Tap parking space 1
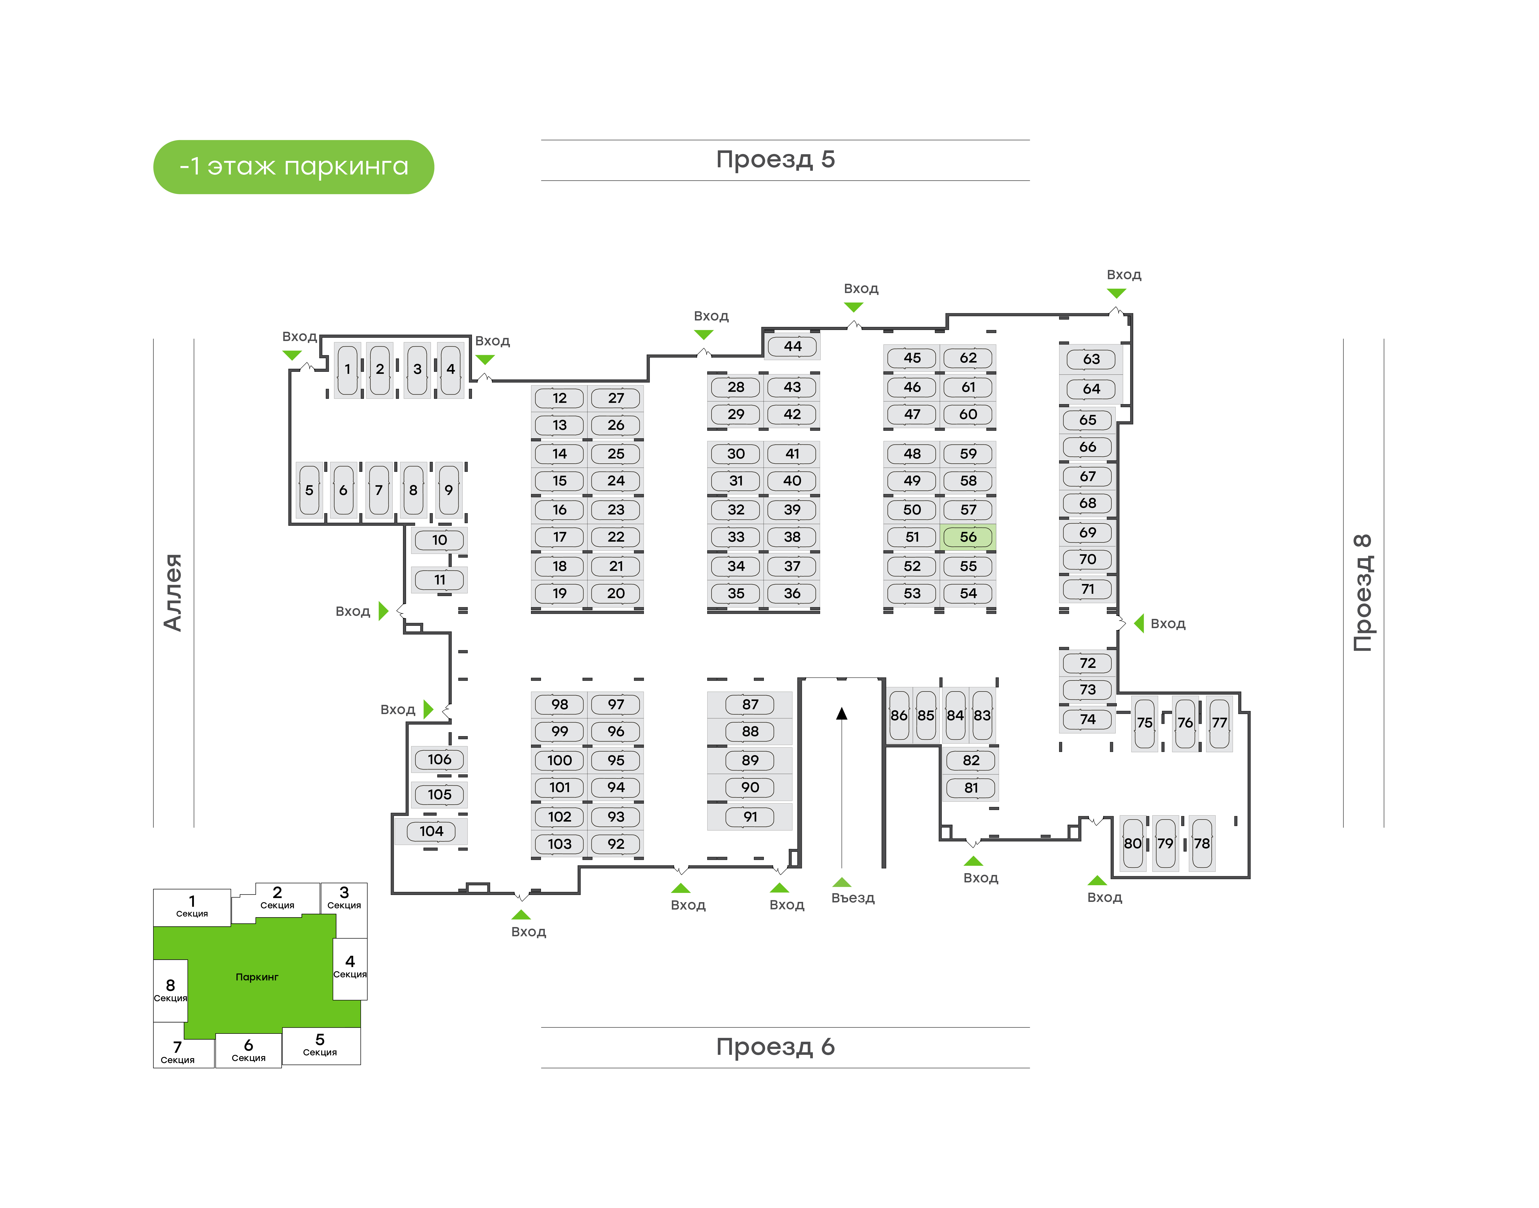(x=347, y=369)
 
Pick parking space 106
(x=439, y=759)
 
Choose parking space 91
(x=750, y=817)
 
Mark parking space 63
(x=1091, y=359)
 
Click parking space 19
(x=559, y=593)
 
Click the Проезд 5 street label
(x=775, y=160)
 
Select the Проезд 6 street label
(x=775, y=1047)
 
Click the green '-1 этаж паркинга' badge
(x=293, y=167)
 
